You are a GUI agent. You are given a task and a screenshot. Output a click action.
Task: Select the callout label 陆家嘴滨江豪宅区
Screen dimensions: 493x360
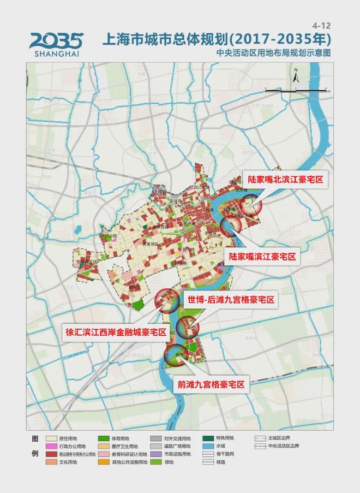click(262, 257)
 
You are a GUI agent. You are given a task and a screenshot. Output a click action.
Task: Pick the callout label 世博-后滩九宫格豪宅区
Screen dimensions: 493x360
click(231, 300)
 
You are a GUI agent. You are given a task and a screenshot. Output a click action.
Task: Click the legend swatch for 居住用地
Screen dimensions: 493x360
click(52, 438)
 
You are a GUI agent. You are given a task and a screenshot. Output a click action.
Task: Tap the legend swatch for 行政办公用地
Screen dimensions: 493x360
click(52, 446)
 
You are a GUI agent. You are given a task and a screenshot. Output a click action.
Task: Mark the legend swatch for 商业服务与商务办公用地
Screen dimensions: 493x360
click(52, 454)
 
